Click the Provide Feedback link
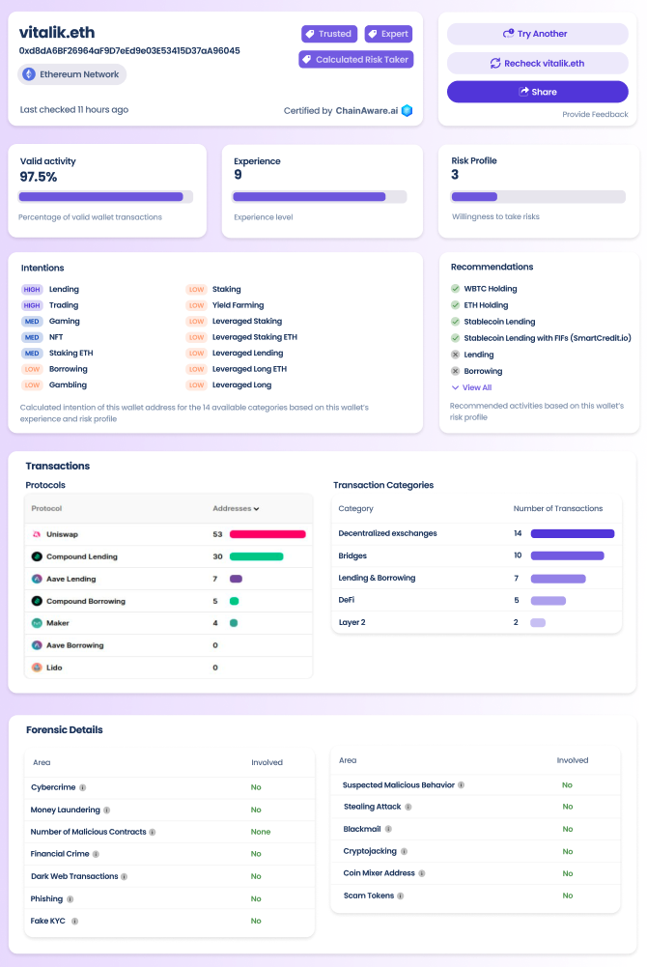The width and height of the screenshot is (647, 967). coord(595,114)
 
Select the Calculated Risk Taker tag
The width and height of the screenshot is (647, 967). coord(356,59)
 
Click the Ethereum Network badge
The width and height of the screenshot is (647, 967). coord(72,74)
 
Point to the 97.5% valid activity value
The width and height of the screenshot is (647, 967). coord(39,177)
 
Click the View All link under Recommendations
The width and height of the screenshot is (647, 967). coord(471,387)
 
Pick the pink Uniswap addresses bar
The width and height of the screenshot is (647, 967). coord(267,534)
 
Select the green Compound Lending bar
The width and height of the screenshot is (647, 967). coord(256,556)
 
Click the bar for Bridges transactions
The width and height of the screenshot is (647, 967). coord(567,555)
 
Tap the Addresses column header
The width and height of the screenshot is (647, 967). coord(236,508)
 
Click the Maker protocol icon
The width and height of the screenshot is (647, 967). coord(37,623)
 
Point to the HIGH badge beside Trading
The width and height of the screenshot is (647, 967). coord(32,305)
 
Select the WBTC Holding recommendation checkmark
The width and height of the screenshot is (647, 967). coord(455,289)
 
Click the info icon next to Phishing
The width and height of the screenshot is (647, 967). coord(70,899)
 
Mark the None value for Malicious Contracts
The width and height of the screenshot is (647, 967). coord(260,832)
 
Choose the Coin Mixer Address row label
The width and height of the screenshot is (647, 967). coord(379,873)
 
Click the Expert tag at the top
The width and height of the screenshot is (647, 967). coord(388,34)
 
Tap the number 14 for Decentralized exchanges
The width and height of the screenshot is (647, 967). coord(518,533)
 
